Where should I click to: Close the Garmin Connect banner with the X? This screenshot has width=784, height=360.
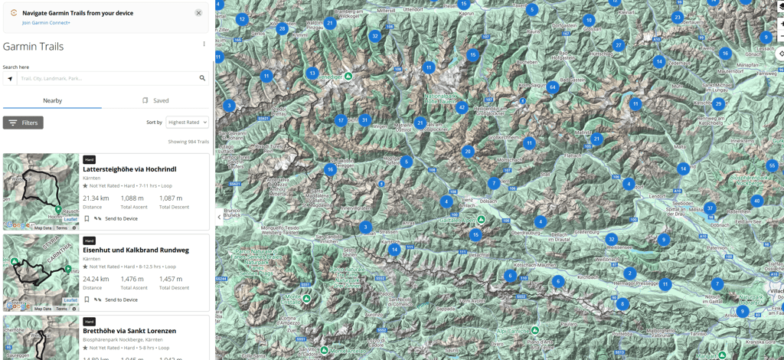point(198,13)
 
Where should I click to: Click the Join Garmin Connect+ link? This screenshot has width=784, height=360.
point(46,23)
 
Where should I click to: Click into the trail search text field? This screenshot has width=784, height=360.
point(107,78)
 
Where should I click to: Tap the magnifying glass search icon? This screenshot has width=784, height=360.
point(202,78)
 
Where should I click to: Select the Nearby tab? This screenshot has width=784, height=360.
point(52,100)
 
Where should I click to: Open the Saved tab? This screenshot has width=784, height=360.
point(155,100)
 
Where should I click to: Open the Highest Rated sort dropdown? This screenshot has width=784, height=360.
point(187,123)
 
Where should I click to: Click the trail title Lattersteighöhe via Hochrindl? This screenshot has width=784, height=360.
point(129,169)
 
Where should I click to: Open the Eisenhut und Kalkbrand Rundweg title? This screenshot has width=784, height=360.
point(136,250)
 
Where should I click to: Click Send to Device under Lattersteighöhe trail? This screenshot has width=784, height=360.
point(121,219)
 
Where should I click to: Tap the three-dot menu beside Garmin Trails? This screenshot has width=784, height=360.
point(204,44)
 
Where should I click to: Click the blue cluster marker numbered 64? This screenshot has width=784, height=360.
point(552,87)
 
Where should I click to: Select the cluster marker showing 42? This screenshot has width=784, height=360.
point(462,108)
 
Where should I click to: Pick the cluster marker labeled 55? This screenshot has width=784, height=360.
point(772,165)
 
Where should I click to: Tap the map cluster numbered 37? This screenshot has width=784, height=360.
point(710,208)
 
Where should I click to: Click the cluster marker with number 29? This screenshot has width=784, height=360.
point(718,104)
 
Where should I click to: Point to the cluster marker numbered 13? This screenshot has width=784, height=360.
point(312,74)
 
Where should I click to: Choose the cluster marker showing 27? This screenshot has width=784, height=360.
point(619,45)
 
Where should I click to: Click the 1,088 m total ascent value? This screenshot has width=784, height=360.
point(132,198)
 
